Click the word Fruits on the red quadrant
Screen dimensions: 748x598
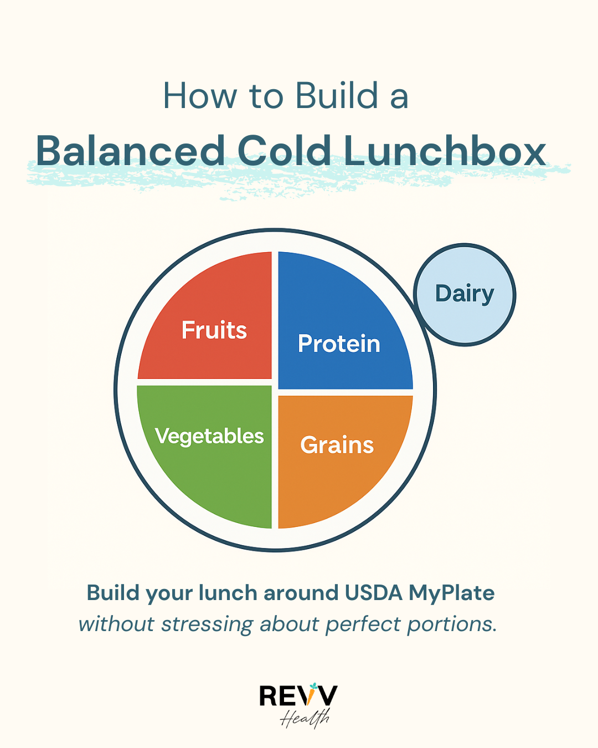point(214,330)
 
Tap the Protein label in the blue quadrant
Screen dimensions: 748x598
point(339,344)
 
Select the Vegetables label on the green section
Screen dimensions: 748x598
point(209,436)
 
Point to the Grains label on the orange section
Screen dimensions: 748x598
point(337,445)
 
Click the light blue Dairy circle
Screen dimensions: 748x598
point(465,294)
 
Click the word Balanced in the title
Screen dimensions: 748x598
point(130,151)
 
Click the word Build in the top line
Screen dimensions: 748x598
point(337,96)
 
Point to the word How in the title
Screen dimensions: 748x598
point(199,96)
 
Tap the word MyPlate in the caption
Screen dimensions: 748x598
point(451,593)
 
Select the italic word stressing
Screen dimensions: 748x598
point(207,624)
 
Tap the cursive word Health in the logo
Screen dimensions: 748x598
point(305,718)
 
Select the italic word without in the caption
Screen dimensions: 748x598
point(116,624)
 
